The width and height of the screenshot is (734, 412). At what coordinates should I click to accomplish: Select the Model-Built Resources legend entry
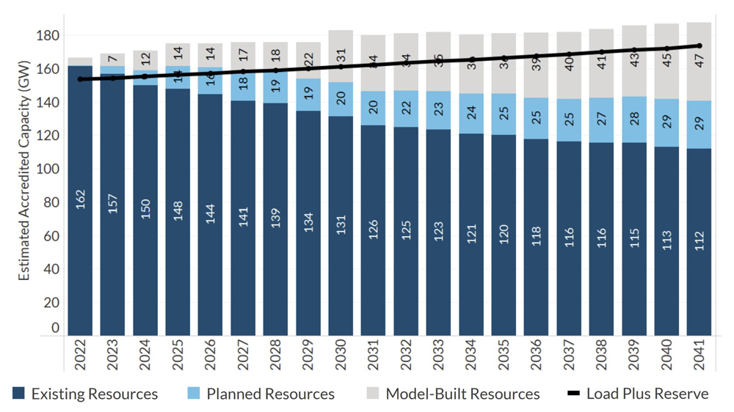point(453,394)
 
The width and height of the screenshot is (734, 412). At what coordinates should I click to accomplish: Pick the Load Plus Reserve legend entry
point(638,394)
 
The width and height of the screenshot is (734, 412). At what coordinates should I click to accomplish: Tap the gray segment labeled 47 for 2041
point(700,62)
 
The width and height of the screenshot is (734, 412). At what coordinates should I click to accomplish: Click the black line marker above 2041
point(700,45)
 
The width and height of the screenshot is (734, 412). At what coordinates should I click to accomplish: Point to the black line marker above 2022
point(80,79)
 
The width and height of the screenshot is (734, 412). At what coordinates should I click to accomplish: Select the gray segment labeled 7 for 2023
point(113,59)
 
